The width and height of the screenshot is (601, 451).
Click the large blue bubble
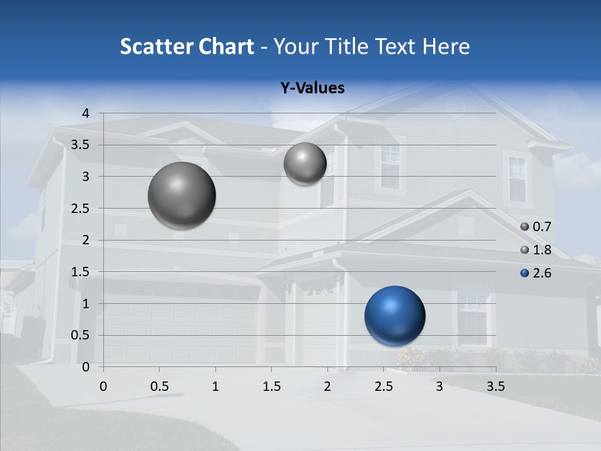[394, 316]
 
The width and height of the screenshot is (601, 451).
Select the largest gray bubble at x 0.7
[182, 195]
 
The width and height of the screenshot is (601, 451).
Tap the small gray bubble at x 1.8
[305, 163]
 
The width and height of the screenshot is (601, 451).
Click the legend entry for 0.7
[536, 227]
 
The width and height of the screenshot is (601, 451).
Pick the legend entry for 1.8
[536, 250]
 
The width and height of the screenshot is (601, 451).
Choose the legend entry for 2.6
[536, 273]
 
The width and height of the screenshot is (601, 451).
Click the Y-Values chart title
[312, 88]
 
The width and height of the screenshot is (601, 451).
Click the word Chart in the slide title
[227, 46]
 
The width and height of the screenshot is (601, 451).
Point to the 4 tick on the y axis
[86, 113]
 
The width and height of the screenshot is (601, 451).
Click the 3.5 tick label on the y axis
[81, 145]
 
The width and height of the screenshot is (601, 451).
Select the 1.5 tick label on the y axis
[81, 272]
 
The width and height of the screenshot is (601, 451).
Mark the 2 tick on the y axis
[86, 240]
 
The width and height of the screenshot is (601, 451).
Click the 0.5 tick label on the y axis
[81, 335]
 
